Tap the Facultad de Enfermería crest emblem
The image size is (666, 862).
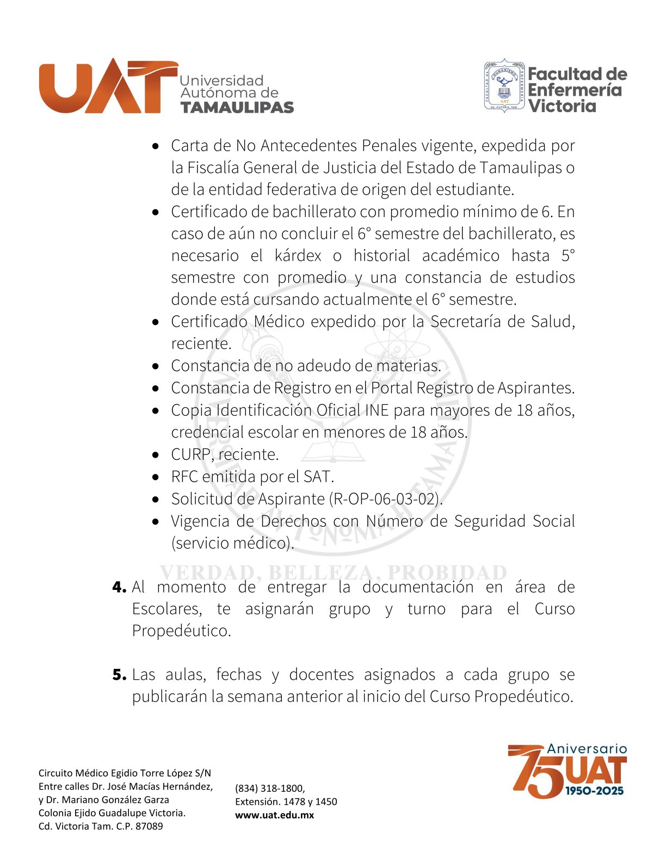(x=504, y=86)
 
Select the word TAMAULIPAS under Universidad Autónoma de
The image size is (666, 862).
(x=237, y=107)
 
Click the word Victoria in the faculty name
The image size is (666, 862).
(x=562, y=106)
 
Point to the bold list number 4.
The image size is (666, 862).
(x=119, y=587)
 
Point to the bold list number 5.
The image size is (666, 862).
(x=119, y=675)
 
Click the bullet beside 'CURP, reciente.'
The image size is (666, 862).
(x=156, y=454)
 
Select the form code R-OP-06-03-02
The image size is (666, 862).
(x=386, y=498)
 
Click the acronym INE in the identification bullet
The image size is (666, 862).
(x=377, y=410)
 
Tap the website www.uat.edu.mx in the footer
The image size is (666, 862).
(x=274, y=815)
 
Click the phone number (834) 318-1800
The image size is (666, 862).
(x=269, y=788)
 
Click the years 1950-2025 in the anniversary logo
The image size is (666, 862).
(x=594, y=791)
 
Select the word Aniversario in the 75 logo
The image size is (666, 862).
(x=587, y=749)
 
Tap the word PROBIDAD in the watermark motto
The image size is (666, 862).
(x=447, y=572)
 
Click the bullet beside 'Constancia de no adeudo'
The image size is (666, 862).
(x=156, y=366)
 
